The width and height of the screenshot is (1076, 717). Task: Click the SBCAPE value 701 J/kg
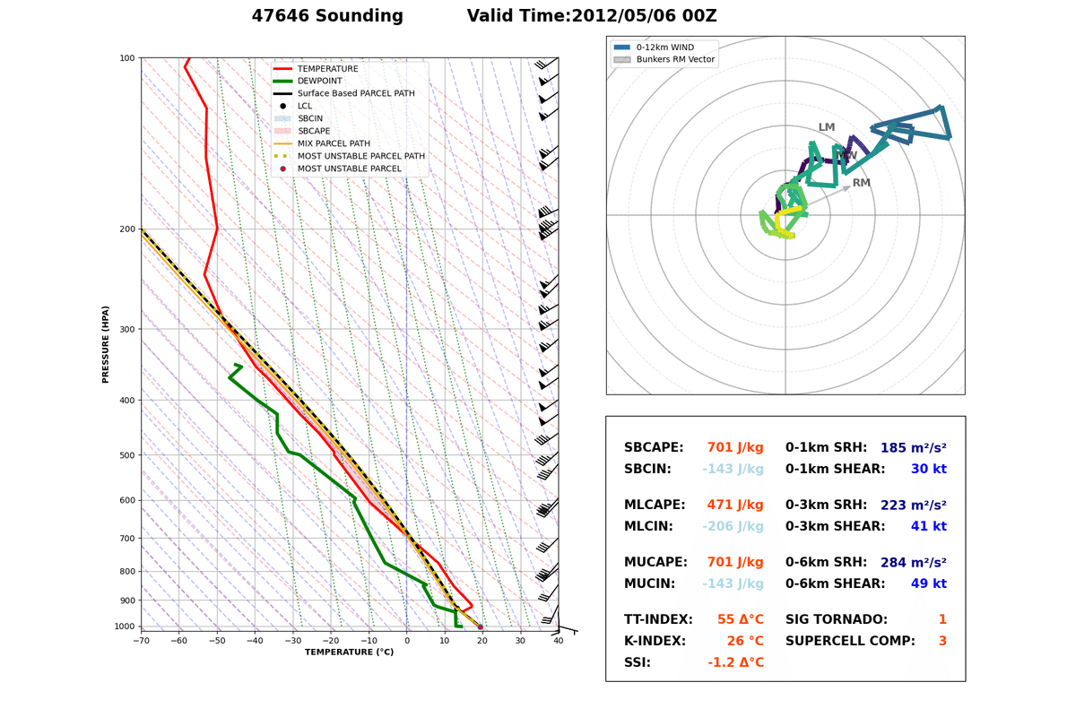point(735,447)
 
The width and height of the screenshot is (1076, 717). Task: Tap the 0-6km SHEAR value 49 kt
point(928,583)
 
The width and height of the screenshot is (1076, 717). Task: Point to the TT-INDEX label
point(658,619)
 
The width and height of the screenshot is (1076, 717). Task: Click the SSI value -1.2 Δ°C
point(735,662)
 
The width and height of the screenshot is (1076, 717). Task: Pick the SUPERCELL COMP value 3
point(942,641)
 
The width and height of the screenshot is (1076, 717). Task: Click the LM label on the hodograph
point(827,127)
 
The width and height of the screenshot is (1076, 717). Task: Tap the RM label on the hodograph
point(861,183)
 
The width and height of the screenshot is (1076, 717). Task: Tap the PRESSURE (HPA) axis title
point(106,344)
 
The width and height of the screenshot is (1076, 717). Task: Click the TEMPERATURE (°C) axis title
point(349,652)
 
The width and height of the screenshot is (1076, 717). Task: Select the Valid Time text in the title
point(591,16)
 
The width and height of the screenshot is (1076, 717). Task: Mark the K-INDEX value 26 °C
point(741,641)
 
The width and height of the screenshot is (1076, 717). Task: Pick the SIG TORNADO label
point(837,619)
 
